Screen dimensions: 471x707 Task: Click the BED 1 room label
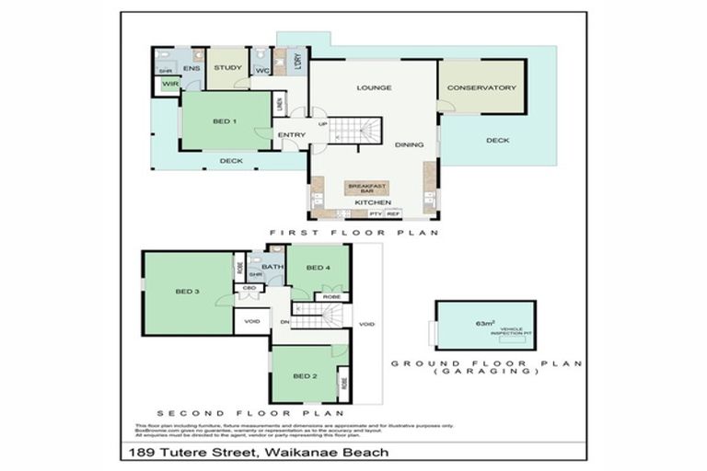[225, 121]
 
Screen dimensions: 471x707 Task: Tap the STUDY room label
[227, 67]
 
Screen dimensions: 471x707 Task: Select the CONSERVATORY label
[481, 88]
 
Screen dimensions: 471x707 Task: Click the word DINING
[408, 145]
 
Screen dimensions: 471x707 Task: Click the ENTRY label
[291, 136]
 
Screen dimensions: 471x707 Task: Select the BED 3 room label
[187, 292]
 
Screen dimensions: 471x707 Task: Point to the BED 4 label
[318, 268]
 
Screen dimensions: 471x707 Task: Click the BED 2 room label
[306, 377]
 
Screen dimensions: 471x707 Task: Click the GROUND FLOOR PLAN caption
[487, 363]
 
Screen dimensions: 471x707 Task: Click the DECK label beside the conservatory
[498, 141]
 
